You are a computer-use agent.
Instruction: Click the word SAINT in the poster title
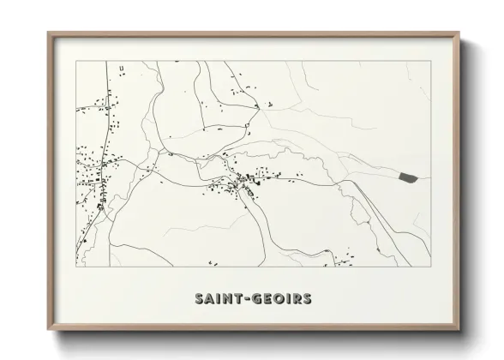217,299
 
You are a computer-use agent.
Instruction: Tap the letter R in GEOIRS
296,299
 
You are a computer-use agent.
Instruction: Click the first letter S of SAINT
199,299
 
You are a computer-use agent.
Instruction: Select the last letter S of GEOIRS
307,299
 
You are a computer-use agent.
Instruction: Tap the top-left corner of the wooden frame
49,33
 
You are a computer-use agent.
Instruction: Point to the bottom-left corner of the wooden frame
49,331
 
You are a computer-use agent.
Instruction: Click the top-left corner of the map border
76,61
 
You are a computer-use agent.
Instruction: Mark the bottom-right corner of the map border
430,267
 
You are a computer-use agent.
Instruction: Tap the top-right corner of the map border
430,61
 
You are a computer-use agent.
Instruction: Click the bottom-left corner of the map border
76,267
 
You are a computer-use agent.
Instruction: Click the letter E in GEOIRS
267,299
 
